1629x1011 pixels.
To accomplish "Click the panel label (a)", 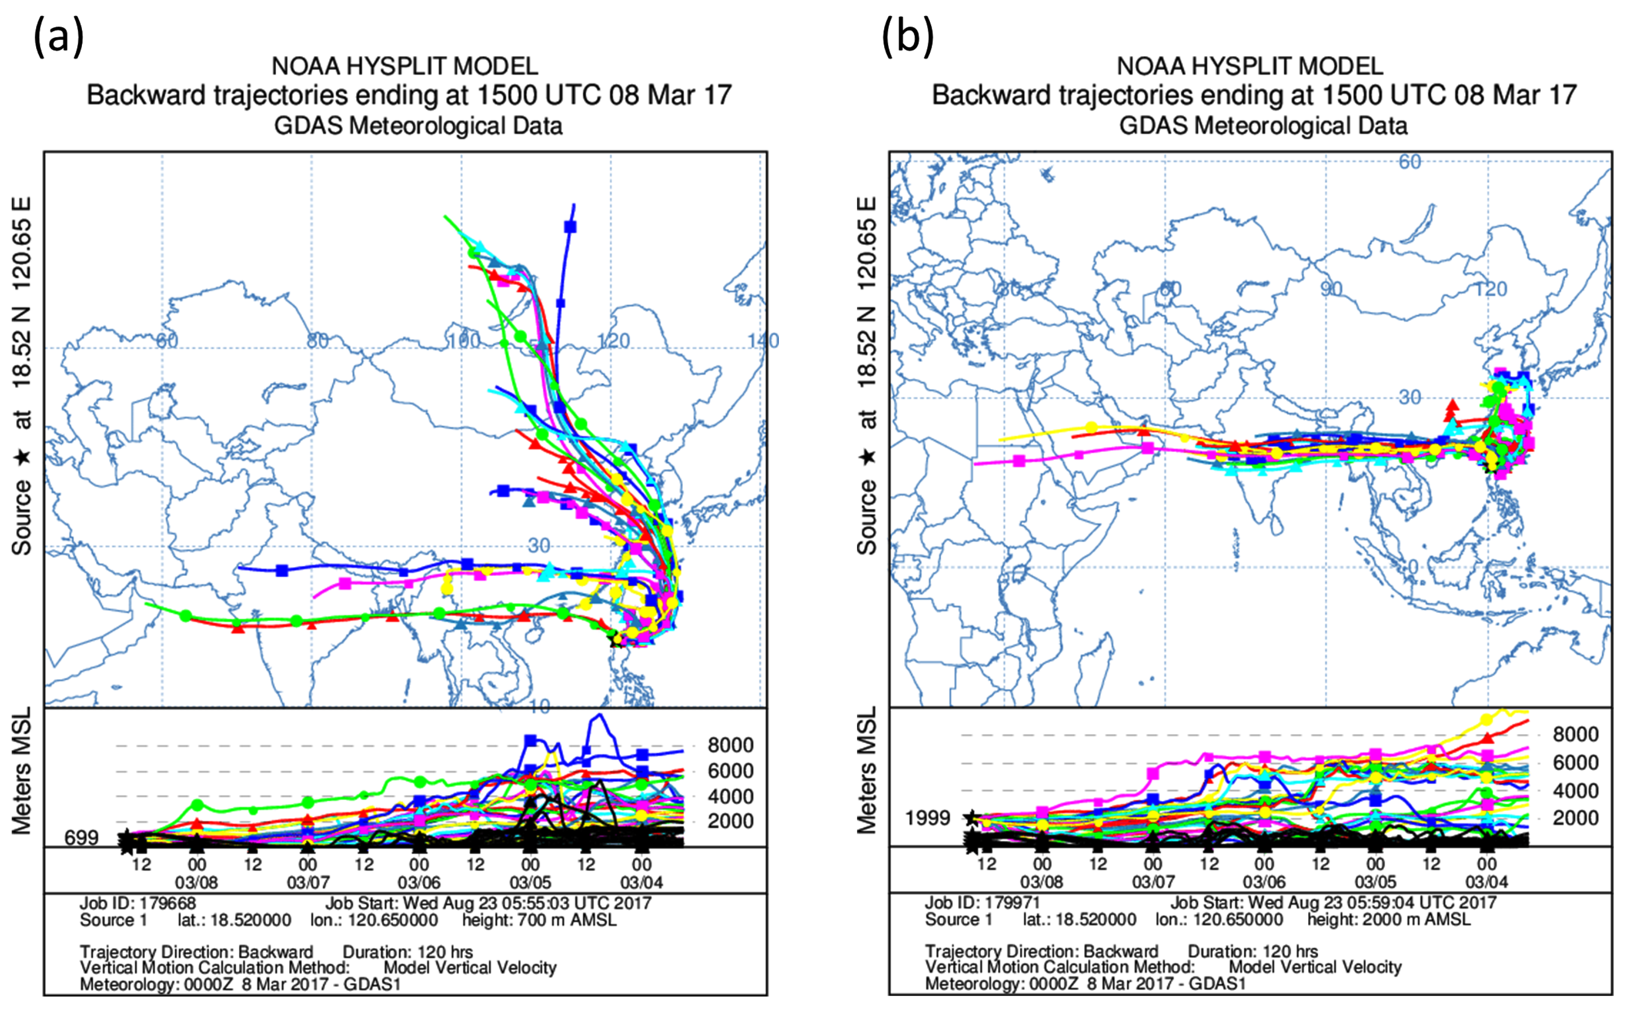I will pos(59,37).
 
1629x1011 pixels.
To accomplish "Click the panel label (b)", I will pos(907,37).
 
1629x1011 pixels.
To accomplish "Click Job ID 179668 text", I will pos(137,904).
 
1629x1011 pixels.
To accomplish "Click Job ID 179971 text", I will pos(982,904).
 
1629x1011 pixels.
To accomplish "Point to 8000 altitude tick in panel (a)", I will pos(730,745).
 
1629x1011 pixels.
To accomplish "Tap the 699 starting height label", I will pos(81,838).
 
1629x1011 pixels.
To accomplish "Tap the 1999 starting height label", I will pos(928,818).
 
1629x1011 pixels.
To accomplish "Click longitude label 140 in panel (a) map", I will pos(763,341).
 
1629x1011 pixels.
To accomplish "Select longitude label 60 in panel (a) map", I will pos(167,341).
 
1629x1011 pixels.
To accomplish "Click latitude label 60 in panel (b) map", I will pos(1410,162).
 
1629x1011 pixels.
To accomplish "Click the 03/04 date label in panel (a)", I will pos(641,883).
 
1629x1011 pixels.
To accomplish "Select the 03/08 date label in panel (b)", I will pos(1042,883).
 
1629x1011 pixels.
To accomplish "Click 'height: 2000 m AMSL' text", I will pos(1389,920).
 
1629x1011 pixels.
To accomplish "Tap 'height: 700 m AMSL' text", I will pos(539,921).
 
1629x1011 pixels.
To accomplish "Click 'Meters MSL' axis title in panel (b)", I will pos(867,770).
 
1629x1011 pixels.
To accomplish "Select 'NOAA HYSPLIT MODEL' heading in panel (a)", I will pos(405,66).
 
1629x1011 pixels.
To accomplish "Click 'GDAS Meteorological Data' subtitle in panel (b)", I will pos(1263,126).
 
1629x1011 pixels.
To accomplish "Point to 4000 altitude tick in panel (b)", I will pos(1576,791).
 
